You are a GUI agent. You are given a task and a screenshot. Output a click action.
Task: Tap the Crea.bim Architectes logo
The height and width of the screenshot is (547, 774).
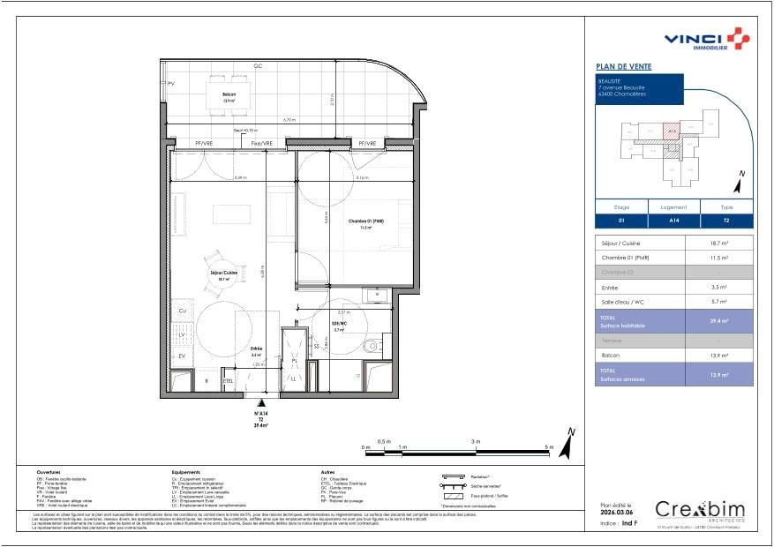click(x=700, y=511)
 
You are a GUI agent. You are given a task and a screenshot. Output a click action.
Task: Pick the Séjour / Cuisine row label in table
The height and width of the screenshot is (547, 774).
click(x=621, y=243)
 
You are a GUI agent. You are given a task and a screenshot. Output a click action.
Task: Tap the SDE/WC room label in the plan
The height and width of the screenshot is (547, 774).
click(x=339, y=324)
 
